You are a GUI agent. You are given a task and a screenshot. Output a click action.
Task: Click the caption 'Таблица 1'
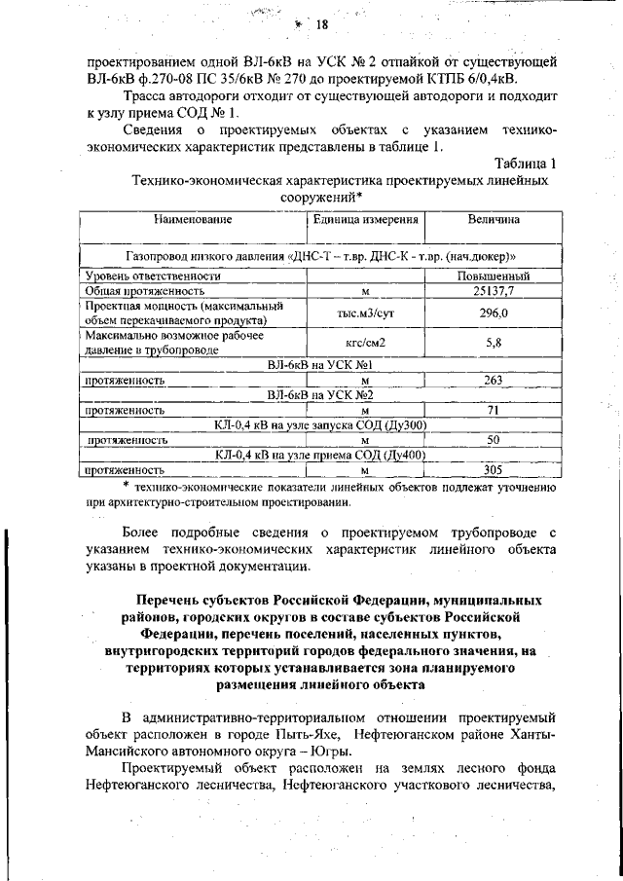pos(525,163)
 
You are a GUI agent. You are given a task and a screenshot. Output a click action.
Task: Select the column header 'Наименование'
pos(192,220)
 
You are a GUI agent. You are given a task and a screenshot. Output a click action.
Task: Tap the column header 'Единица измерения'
pos(365,220)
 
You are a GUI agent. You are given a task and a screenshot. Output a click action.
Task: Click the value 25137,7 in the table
pos(494,290)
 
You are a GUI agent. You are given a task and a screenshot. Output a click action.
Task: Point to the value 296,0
pos(494,312)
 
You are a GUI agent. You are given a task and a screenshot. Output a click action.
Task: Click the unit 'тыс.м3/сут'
pos(365,313)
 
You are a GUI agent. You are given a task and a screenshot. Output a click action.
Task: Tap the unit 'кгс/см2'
pos(365,343)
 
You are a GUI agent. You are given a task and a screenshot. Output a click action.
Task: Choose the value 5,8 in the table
pos(494,343)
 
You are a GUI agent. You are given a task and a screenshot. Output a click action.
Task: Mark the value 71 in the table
pos(494,410)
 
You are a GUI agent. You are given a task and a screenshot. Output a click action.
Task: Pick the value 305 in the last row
pos(494,470)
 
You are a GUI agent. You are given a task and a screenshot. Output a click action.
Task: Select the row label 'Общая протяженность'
pos(144,290)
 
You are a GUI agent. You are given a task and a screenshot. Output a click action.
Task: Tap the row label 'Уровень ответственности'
pos(155,276)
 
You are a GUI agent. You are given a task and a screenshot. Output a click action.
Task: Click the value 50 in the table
pos(494,440)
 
